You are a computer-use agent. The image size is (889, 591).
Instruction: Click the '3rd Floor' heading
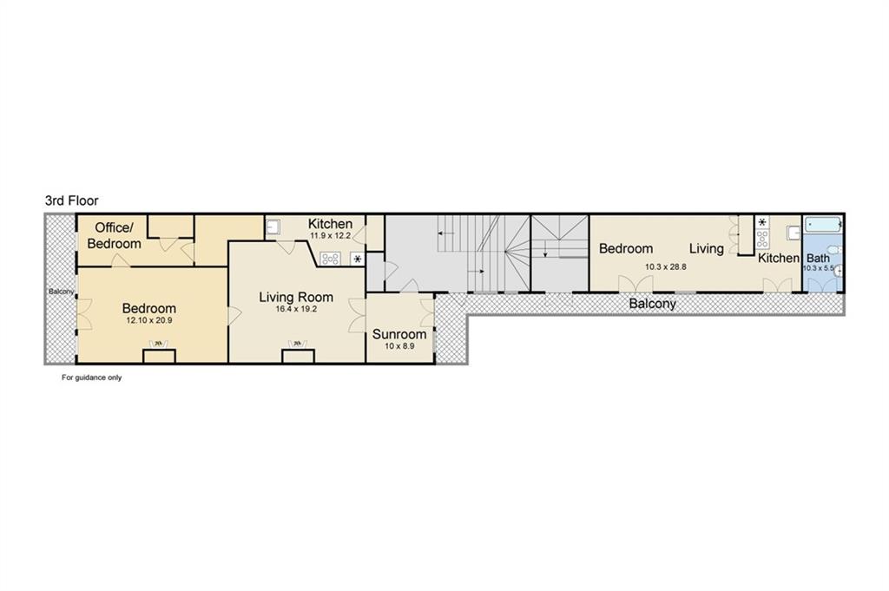72,200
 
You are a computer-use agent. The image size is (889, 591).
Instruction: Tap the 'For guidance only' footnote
92,378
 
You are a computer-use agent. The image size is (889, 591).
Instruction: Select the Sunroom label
399,334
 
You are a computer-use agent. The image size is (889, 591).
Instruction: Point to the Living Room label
296,297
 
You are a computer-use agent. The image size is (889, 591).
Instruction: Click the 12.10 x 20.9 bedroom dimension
149,320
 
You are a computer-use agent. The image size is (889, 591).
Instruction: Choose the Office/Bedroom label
114,236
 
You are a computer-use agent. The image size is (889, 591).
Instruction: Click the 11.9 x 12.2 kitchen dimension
331,236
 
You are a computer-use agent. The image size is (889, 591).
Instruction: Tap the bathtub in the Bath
823,225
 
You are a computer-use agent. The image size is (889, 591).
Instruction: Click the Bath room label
818,259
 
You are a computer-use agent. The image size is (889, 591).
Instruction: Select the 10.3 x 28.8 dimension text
666,266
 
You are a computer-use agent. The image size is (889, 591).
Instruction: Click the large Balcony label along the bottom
653,304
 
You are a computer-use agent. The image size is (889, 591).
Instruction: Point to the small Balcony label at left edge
62,292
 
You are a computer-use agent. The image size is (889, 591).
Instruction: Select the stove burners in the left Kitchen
330,259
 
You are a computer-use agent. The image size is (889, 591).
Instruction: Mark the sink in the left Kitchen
273,227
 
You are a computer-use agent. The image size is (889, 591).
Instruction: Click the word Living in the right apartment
707,248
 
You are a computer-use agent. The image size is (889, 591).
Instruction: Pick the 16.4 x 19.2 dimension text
296,309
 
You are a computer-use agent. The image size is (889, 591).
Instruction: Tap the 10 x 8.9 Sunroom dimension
399,345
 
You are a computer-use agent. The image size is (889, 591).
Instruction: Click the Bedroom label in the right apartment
626,248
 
